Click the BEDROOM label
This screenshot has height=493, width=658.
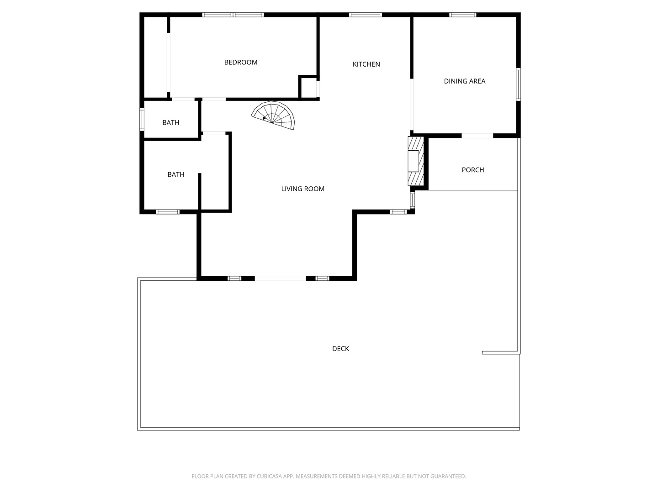pyautogui.click(x=241, y=63)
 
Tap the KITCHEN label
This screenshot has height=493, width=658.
pyautogui.click(x=366, y=64)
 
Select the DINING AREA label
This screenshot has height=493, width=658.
pyautogui.click(x=464, y=81)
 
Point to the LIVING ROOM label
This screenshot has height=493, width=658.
pyautogui.click(x=302, y=189)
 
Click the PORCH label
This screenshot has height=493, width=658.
pyautogui.click(x=472, y=170)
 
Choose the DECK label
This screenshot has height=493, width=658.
pyautogui.click(x=340, y=349)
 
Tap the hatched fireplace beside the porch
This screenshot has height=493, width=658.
pyautogui.click(x=414, y=161)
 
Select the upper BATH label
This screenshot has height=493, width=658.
pyautogui.click(x=171, y=123)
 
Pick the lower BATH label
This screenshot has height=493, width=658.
pyautogui.click(x=176, y=174)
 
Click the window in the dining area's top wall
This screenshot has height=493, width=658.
pyautogui.click(x=462, y=15)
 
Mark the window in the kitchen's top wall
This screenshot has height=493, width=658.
pyautogui.click(x=366, y=15)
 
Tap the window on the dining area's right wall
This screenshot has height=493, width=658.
pyautogui.click(x=518, y=84)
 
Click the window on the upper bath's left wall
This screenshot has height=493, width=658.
pyautogui.click(x=142, y=119)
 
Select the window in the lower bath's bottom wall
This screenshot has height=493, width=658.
pyautogui.click(x=168, y=212)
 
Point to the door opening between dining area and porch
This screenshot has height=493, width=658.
pyautogui.click(x=477, y=136)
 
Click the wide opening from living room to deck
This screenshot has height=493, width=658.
pyautogui.click(x=280, y=278)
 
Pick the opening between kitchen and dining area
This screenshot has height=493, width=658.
pyautogui.click(x=412, y=105)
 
